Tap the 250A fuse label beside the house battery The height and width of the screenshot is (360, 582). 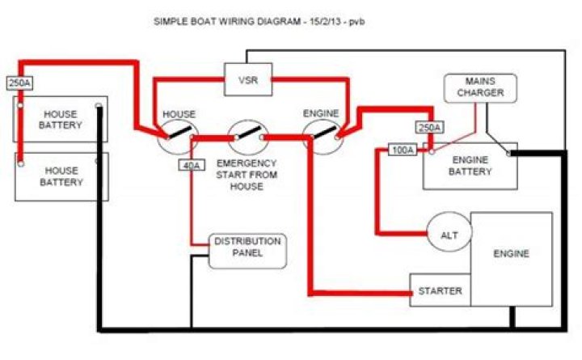click(x=19, y=83)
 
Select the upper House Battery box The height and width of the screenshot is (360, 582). click(x=61, y=120)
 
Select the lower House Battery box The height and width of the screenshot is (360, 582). click(x=61, y=176)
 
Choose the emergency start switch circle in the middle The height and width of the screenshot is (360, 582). click(x=247, y=136)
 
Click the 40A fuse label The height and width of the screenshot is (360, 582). click(x=192, y=165)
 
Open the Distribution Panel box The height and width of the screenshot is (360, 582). click(x=247, y=252)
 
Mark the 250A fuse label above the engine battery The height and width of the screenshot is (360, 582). click(x=429, y=128)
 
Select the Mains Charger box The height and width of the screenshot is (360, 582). click(x=485, y=88)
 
